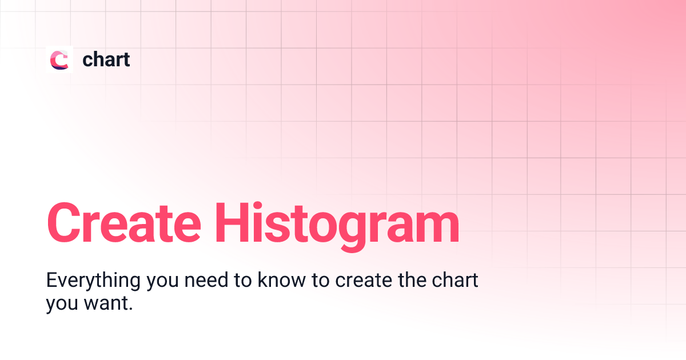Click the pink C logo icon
pyautogui.click(x=59, y=59)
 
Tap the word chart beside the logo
pyautogui.click(x=106, y=59)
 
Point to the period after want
pyautogui.click(x=131, y=309)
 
